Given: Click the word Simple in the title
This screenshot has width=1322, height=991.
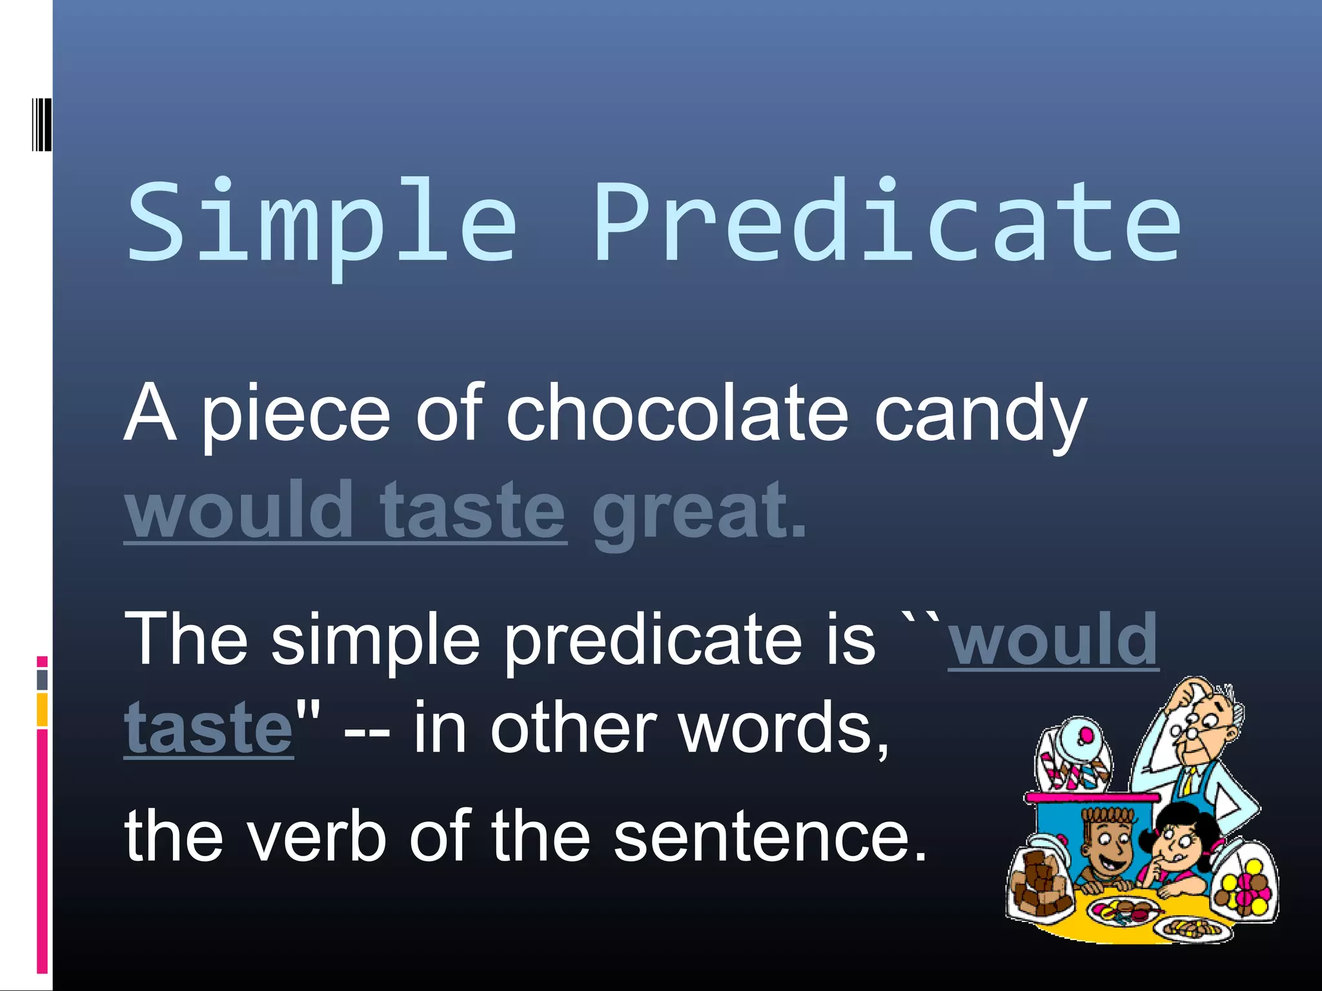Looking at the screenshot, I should [321, 223].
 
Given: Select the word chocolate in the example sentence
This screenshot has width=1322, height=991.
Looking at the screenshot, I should [676, 413].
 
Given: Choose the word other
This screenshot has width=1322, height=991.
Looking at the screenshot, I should [575, 728].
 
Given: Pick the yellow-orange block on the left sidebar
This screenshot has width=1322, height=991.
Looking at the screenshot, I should [42, 709].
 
